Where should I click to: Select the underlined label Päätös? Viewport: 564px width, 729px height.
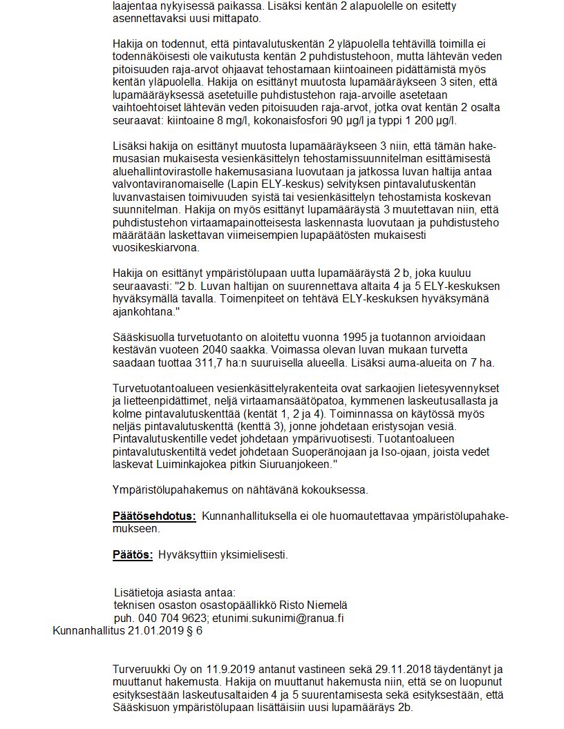pyautogui.click(x=133, y=554)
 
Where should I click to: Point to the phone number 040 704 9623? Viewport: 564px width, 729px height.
pyautogui.click(x=172, y=618)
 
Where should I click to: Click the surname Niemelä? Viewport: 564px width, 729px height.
pyautogui.click(x=323, y=605)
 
